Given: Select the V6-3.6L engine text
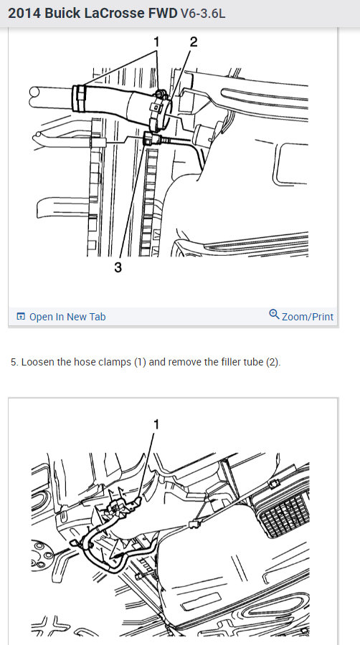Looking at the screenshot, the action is pyautogui.click(x=203, y=14).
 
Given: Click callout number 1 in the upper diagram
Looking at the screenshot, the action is pyautogui.click(x=156, y=42).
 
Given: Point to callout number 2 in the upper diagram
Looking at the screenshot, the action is pyautogui.click(x=194, y=42).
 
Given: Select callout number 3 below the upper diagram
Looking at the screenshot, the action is pyautogui.click(x=118, y=268).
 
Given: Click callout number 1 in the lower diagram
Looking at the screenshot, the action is pyautogui.click(x=156, y=424).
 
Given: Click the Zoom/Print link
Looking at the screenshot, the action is pyautogui.click(x=308, y=317).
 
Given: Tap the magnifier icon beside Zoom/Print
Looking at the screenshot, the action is pyautogui.click(x=274, y=315).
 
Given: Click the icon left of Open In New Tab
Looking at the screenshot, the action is pyautogui.click(x=21, y=317).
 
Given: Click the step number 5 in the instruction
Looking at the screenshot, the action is pyautogui.click(x=14, y=363).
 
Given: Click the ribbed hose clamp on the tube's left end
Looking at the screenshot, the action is pyautogui.click(x=79, y=98).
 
